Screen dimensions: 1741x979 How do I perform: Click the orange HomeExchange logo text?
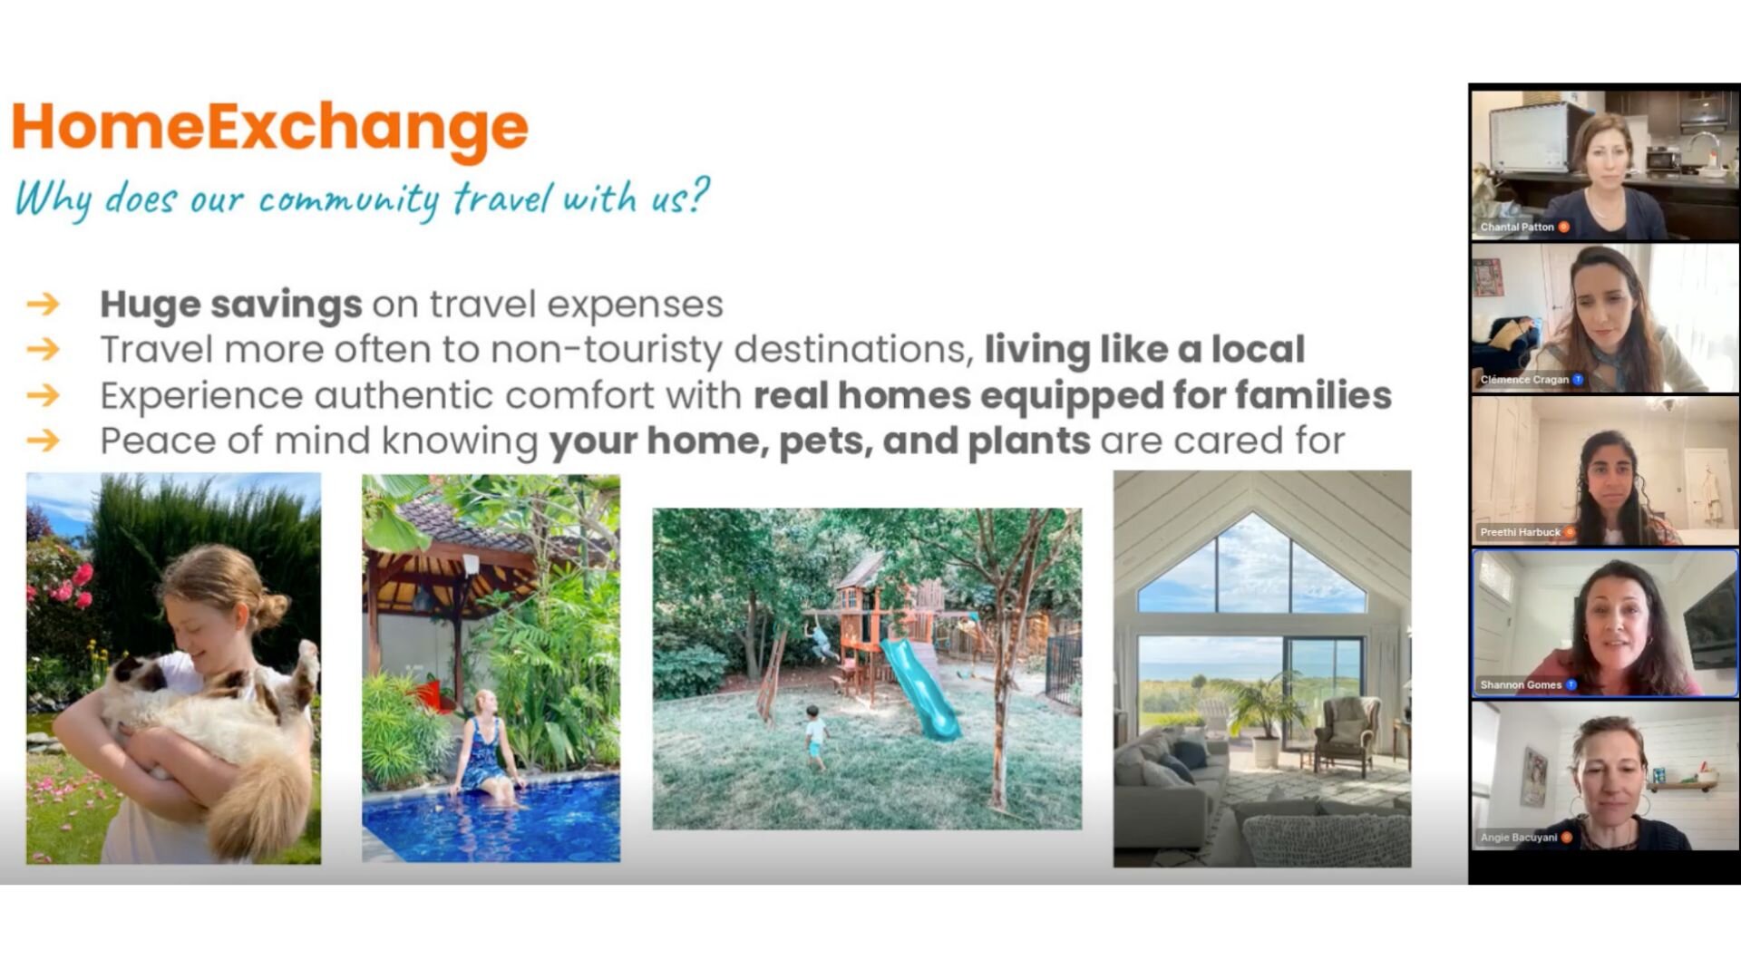[x=269, y=128]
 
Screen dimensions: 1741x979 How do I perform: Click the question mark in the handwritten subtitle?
[x=698, y=194]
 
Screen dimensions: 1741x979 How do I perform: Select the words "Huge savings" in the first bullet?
[x=230, y=305]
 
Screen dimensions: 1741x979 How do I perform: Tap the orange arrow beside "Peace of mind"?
[x=43, y=441]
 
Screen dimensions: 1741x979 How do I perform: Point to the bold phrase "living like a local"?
[x=1144, y=349]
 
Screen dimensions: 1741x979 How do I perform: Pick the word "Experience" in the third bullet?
[x=201, y=396]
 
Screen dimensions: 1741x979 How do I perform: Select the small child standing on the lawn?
[x=815, y=737]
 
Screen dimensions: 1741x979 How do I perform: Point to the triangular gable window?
[x=1251, y=566]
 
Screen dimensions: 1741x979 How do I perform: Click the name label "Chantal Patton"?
[x=1517, y=227]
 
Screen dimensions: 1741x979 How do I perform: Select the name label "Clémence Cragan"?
[x=1524, y=380]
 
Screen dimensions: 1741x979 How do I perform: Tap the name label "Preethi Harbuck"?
[x=1521, y=532]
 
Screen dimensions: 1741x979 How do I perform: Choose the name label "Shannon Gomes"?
[x=1521, y=684]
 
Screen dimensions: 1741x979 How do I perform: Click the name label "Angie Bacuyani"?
[x=1519, y=837]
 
